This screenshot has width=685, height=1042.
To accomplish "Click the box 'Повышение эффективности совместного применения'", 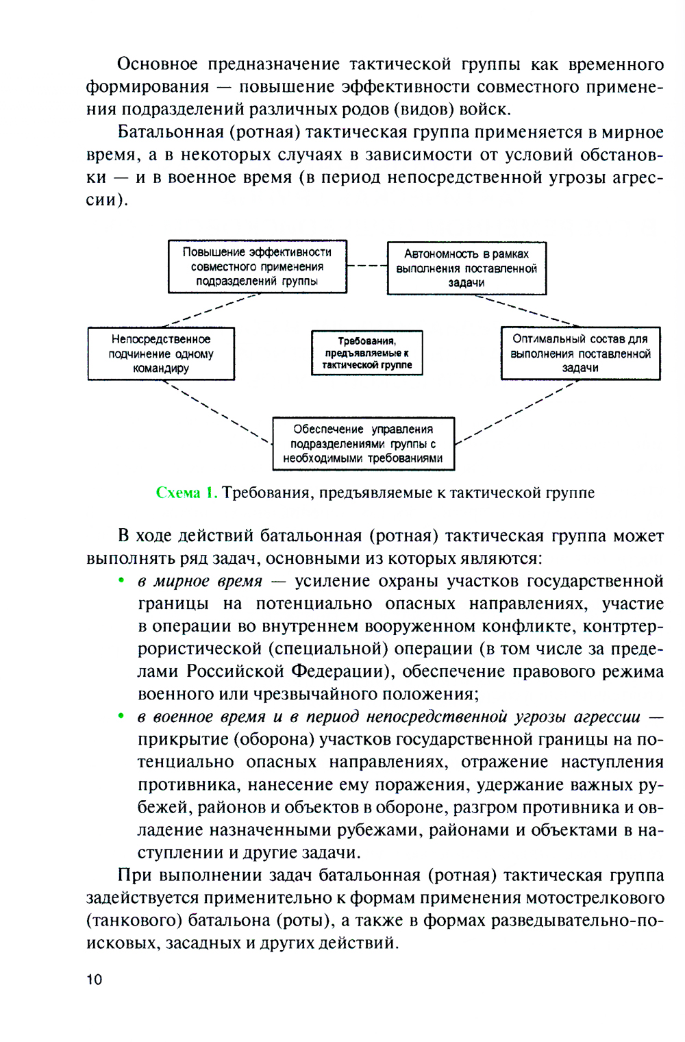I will pos(258,266).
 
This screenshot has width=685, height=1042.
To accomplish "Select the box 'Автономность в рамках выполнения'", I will pos(466,268).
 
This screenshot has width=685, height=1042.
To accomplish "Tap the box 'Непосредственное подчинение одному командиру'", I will pos(161,353).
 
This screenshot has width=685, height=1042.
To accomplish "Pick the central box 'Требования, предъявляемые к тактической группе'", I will pos(367,353).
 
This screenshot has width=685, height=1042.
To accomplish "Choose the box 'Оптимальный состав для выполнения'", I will pos(580,353).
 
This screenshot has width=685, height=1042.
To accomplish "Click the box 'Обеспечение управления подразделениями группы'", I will pos(363,443).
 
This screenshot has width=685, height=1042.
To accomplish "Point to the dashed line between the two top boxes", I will pos(367,266).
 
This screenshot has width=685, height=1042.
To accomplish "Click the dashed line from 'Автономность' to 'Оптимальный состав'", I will pos(527,310).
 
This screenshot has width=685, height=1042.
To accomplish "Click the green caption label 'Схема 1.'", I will pos(186,493).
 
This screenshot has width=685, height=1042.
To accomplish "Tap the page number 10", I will pos(94,979).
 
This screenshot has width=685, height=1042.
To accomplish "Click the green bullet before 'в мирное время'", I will pos(121,580).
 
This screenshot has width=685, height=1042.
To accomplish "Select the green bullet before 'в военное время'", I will pos(121,716).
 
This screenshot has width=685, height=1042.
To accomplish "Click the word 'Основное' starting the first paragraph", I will pos(158,64).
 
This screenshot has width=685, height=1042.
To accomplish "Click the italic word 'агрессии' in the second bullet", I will pos(607,717).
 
